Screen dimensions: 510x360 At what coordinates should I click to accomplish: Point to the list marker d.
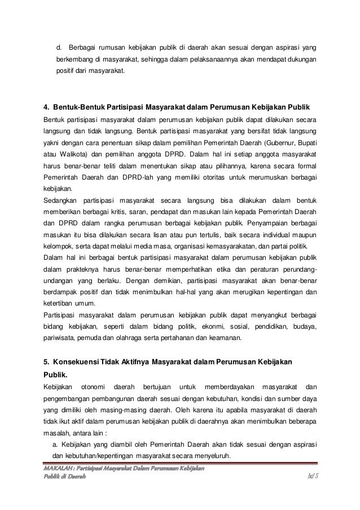59,46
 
